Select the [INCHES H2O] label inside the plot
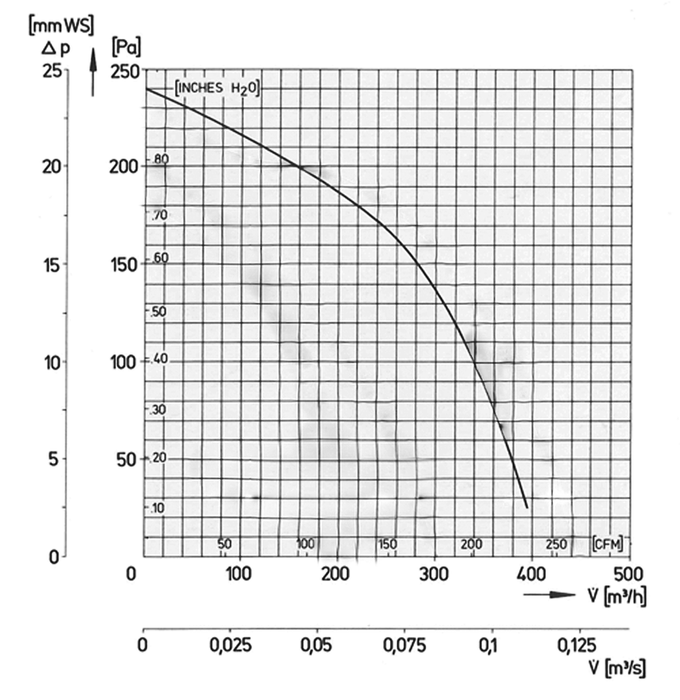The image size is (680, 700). coord(216,87)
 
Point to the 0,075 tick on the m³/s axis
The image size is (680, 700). coord(406,646)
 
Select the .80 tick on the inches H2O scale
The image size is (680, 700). coord(161,159)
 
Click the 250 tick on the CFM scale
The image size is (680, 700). coord(555,544)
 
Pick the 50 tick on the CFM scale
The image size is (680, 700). coord(225,544)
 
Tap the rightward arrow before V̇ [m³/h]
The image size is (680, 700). coord(550,594)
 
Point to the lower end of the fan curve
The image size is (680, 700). coord(527,507)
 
